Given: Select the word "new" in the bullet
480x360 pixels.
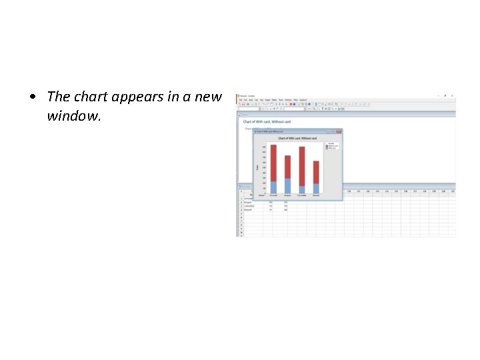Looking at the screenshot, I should coord(209,97).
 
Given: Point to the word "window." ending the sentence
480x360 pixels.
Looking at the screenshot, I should coord(73,116).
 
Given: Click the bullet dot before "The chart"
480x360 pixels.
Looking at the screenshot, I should coord(33,97).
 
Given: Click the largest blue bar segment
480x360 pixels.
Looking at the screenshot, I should coord(287,186).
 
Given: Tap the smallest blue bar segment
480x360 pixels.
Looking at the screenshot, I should coord(302,190).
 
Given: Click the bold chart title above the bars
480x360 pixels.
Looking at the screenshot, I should coord(297,138).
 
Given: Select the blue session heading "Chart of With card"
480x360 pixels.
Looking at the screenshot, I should coord(267,122).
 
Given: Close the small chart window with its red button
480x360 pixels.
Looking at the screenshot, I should coord(339,131).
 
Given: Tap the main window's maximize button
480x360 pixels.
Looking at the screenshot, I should coord(445,95).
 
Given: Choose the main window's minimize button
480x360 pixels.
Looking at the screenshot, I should coord(437,95).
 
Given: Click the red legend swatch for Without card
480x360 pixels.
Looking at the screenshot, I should coord(327,145).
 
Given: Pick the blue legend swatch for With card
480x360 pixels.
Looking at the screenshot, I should coord(327,148).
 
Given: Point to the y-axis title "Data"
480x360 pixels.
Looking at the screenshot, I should coord(257,167).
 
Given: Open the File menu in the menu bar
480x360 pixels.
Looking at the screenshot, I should coord(241,99).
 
